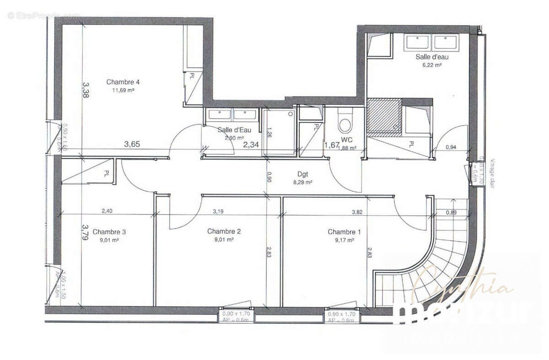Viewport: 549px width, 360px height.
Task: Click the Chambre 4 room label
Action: click(x=123, y=82)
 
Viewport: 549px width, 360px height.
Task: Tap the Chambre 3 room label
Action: click(x=109, y=231)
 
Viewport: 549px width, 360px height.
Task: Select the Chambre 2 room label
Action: click(x=224, y=231)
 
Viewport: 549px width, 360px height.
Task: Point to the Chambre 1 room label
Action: click(x=344, y=232)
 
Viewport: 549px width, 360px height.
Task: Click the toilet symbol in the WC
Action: click(x=344, y=123)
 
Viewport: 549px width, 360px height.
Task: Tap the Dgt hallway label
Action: click(x=302, y=174)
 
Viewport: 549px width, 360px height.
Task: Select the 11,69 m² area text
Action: click(x=123, y=90)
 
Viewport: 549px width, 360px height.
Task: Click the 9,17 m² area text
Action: click(x=344, y=239)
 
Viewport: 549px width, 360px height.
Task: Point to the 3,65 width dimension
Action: click(x=132, y=145)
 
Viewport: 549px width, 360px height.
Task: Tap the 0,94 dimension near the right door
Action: click(x=451, y=147)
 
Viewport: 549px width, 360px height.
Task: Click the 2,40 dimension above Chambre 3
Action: click(x=107, y=211)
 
